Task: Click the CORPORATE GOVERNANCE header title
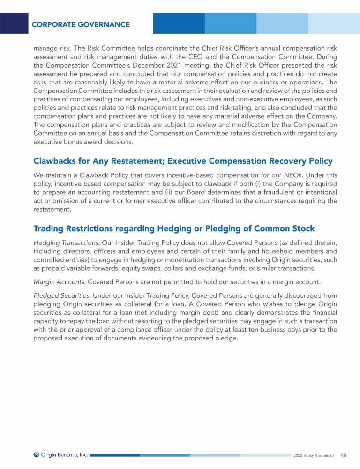pyautogui.click(x=81, y=24)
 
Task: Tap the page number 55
pyautogui.click(x=344, y=455)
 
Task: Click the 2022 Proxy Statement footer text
pyautogui.click(x=314, y=455)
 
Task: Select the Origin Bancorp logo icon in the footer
pyautogui.click(x=37, y=454)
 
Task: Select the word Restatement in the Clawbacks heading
pyautogui.click(x=124, y=161)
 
